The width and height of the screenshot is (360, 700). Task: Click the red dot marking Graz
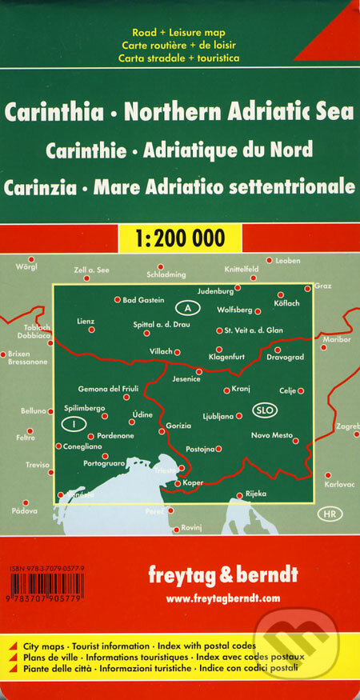[308, 288]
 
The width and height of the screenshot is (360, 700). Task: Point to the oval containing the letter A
[187, 307]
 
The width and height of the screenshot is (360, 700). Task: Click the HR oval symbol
[328, 512]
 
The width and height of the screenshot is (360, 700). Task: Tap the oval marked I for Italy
[73, 422]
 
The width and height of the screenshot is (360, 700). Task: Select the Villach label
[161, 352]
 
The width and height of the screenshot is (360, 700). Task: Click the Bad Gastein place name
[143, 301]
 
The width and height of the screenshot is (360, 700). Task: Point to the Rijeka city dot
[239, 495]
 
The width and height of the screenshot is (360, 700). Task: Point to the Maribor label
[336, 339]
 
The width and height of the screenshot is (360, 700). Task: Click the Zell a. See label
[91, 270]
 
